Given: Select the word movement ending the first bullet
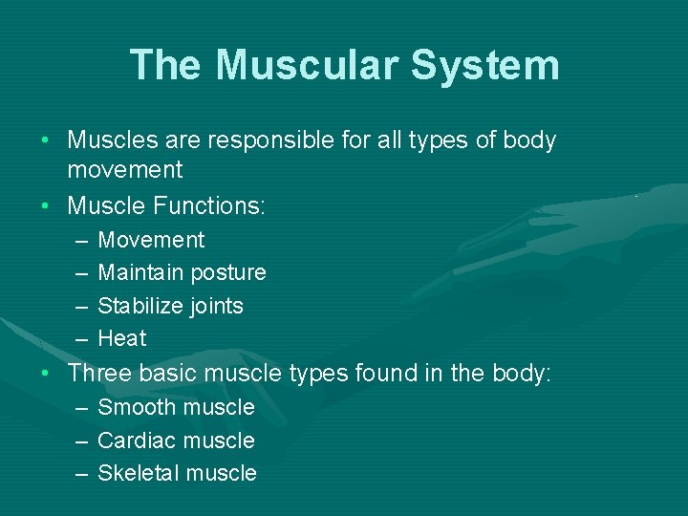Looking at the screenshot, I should point(124,170).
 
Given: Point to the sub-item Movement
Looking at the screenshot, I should point(151,240).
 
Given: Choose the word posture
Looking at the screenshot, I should point(228,272).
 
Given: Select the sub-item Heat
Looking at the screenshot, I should point(122,338).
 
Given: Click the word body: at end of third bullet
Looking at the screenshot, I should point(522,373).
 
